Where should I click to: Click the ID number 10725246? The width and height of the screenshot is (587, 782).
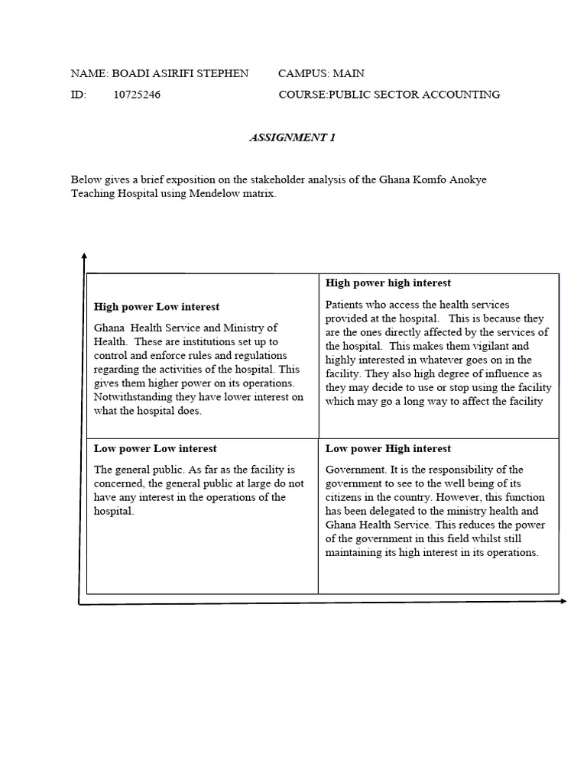coord(137,95)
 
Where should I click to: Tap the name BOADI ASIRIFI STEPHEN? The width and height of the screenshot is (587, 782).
coord(180,73)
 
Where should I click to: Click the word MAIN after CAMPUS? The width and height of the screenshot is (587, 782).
coord(348,73)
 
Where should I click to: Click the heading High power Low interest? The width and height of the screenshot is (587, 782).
coord(157,306)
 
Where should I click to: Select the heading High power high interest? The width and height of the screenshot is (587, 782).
coord(388,283)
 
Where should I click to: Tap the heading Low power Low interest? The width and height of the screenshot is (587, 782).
coord(155,448)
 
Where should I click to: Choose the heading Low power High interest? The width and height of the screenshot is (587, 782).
coord(388,448)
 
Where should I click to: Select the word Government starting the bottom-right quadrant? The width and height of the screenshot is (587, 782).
coord(354,470)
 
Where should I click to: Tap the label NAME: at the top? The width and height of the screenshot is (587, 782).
coord(89,73)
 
